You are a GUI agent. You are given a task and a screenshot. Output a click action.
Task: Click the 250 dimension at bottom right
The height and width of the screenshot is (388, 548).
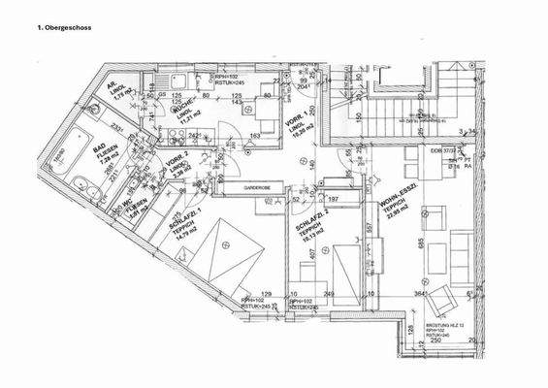[436, 342]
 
